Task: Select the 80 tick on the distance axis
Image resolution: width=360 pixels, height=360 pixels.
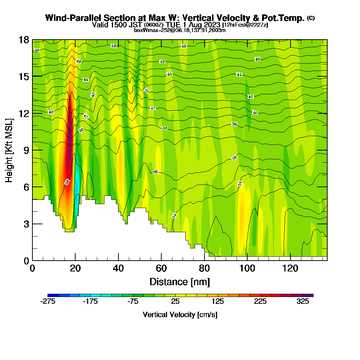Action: pyautogui.click(x=204, y=268)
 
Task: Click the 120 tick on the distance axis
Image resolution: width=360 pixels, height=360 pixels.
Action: pyautogui.click(x=290, y=268)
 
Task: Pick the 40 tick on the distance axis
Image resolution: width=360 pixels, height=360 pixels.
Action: pyautogui.click(x=118, y=268)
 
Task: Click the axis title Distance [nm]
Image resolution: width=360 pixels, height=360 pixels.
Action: pyautogui.click(x=180, y=281)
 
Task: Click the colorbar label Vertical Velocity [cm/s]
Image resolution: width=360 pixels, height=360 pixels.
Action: pyautogui.click(x=180, y=315)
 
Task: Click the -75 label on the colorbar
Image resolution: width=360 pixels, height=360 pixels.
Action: pyautogui.click(x=133, y=302)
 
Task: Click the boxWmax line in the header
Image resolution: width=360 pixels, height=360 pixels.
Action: pyautogui.click(x=180, y=30)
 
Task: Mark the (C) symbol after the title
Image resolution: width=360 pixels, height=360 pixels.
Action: pyautogui.click(x=311, y=18)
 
